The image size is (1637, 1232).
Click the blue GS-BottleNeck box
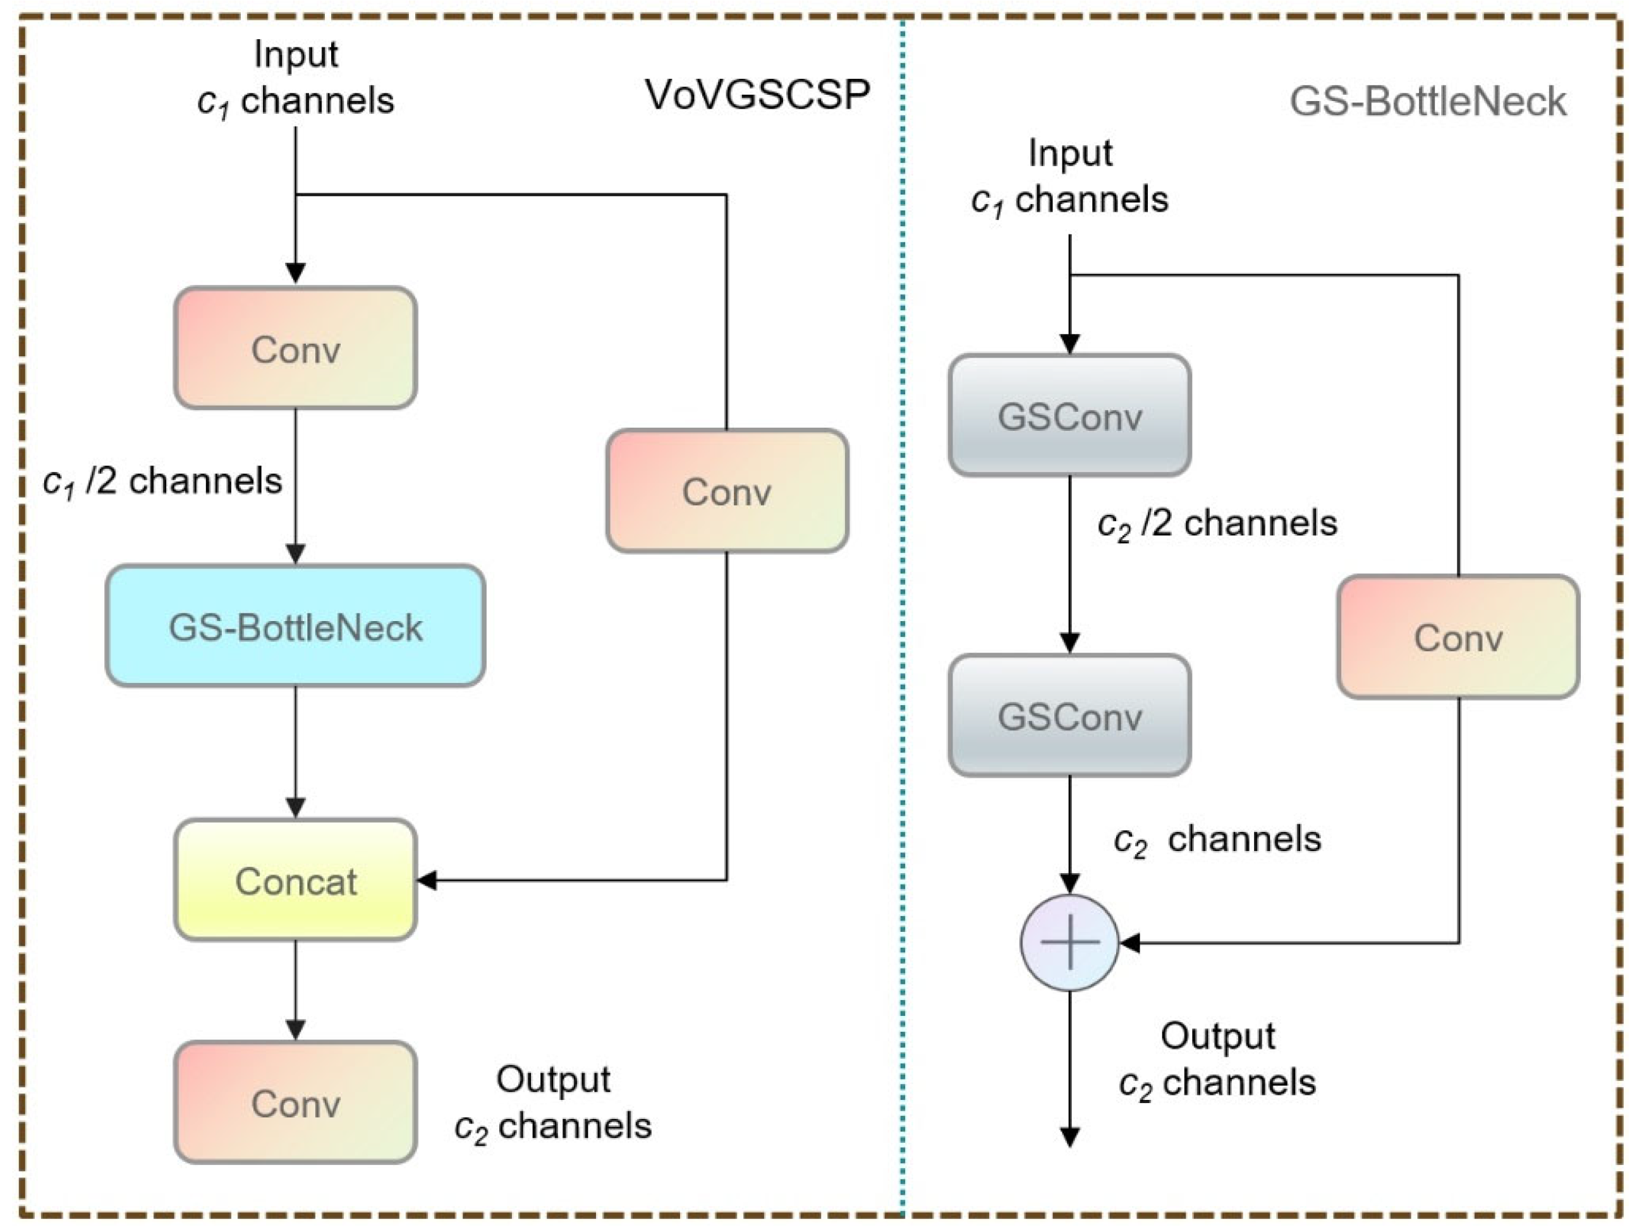point(295,626)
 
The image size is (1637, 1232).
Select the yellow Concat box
point(295,880)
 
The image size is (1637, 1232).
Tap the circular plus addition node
point(1069,943)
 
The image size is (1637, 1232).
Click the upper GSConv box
point(1069,415)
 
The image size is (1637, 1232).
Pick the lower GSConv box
point(1069,716)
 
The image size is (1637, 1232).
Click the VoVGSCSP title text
point(757,95)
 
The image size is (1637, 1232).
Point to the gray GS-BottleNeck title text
point(1428,101)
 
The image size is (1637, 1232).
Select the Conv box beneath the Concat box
point(295,1102)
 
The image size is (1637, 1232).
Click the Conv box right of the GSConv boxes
point(1458,637)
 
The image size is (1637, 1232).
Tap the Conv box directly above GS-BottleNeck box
point(295,347)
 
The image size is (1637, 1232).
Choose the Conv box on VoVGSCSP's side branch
point(727,490)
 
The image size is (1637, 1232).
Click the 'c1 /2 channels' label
point(163,481)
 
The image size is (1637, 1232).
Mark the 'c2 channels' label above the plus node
point(1217,840)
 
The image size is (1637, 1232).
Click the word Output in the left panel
point(553,1080)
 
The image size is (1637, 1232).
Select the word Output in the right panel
point(1217,1036)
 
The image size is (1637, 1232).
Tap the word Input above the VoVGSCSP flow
point(295,54)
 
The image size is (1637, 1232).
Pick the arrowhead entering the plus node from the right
point(1129,943)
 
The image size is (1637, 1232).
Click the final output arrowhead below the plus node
point(1069,1137)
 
